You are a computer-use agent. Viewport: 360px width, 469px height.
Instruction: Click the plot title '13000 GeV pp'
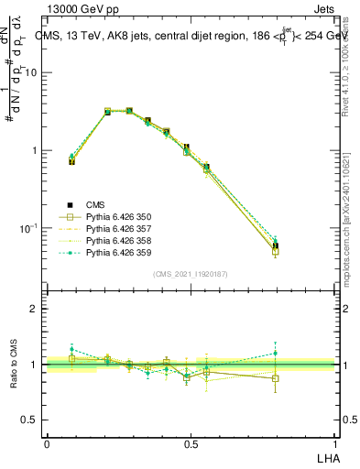pyautogui.click(x=85, y=11)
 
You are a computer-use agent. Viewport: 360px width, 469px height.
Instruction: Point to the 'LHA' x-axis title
pyautogui.click(x=327, y=457)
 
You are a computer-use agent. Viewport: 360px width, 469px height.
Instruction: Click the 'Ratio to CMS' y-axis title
pyautogui.click(x=14, y=365)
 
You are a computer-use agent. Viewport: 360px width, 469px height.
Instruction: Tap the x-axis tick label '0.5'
pyautogui.click(x=191, y=443)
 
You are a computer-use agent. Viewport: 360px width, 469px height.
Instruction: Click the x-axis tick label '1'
pyautogui.click(x=336, y=443)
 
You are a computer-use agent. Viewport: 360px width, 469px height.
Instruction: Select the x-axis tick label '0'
pyautogui.click(x=47, y=443)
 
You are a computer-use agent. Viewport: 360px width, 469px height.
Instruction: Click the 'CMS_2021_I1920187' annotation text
pyautogui.click(x=191, y=274)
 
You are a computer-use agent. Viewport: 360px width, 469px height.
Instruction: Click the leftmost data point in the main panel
pyautogui.click(x=71, y=160)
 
